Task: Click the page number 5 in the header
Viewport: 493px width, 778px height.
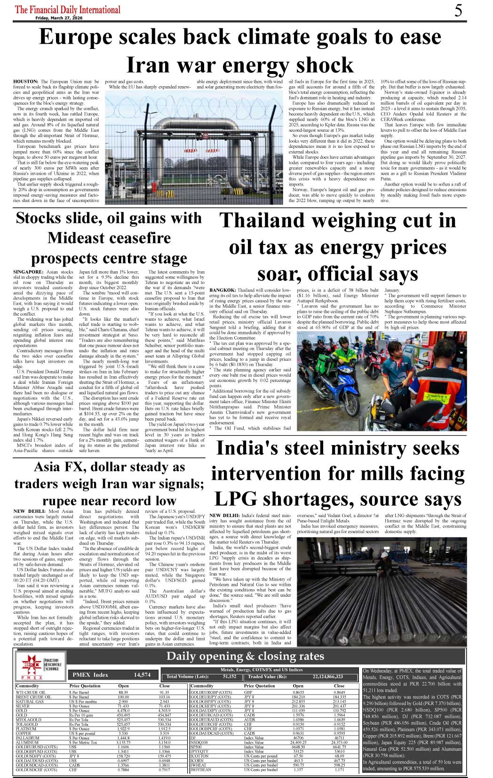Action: [x=458, y=10]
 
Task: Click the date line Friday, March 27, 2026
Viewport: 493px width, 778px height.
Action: [x=58, y=18]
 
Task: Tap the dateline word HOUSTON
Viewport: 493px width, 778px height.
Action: [x=25, y=81]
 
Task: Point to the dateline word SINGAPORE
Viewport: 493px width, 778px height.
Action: [x=28, y=272]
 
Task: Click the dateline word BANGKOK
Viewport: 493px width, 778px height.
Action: [x=223, y=290]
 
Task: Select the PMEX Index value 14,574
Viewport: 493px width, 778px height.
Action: [x=142, y=675]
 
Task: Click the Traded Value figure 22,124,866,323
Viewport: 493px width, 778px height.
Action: [x=328, y=677]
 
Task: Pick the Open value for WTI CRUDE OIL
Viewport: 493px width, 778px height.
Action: [x=123, y=692]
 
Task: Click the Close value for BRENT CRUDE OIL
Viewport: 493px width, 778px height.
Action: [x=164, y=697]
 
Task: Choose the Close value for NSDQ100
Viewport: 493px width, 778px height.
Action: [x=339, y=742]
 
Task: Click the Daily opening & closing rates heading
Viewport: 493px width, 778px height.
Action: [x=245, y=656]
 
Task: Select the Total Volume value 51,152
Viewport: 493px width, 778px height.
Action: [x=230, y=677]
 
